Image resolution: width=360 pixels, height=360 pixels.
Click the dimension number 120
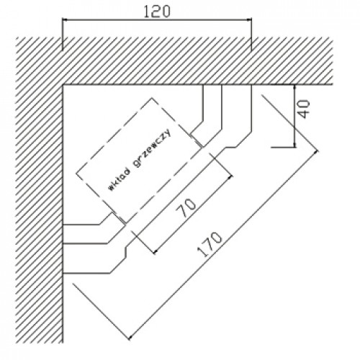[157, 12]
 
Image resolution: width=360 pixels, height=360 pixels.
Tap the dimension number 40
[305, 109]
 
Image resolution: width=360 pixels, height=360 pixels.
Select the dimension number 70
[186, 208]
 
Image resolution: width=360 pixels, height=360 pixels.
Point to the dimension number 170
[210, 244]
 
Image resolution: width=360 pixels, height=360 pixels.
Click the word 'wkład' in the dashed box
[120, 179]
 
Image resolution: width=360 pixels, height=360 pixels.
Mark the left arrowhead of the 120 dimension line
[63, 20]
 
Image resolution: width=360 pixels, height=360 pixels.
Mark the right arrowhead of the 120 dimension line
[251, 20]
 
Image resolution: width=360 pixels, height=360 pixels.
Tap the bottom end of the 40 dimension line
[294, 147]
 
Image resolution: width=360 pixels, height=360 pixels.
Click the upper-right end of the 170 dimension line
[317, 151]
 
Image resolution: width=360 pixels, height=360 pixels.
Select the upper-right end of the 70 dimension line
[231, 176]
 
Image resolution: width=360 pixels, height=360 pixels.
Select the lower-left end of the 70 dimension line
[154, 253]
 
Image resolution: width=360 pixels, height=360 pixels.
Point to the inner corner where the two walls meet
[63, 85]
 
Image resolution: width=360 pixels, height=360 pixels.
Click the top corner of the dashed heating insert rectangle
[152, 98]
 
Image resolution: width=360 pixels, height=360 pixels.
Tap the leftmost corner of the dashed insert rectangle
[76, 173]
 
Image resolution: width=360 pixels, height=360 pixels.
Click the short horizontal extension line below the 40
[283, 148]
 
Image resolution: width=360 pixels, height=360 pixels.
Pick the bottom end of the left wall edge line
[63, 343]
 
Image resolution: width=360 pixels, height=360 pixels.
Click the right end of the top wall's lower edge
[333, 85]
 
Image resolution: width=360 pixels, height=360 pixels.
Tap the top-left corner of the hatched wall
[17, 37]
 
